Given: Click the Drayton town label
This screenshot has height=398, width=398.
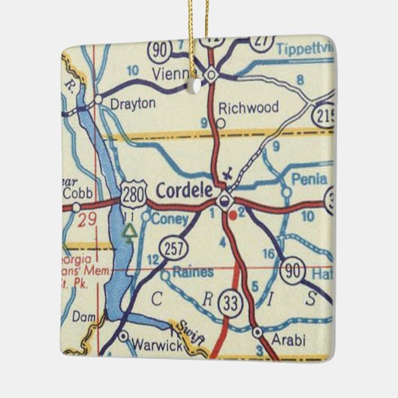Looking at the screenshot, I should pos(134,103).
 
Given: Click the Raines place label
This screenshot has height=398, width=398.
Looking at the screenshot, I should pos(193,273).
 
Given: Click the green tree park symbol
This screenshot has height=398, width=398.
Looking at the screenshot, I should pos(131,234).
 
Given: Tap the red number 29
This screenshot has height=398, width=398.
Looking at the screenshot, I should pos(87,220).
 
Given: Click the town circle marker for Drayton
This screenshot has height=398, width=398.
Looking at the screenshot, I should pos(98,98).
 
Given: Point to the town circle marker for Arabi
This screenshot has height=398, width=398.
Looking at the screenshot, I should pos(258,331).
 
